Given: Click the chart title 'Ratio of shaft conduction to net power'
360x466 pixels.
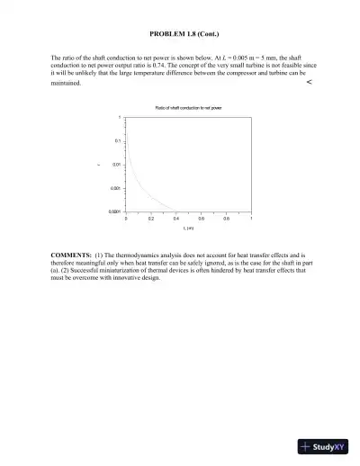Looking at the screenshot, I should pos(188,107).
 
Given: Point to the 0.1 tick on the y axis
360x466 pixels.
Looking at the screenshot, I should pos(118,141).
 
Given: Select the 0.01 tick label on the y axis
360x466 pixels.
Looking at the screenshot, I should pos(117,165).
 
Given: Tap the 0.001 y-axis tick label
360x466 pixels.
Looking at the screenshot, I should pos(116,187).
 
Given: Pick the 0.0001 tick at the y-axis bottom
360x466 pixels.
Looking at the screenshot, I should pos(115,211).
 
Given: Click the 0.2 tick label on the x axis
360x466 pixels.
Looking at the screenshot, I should pos(151,219).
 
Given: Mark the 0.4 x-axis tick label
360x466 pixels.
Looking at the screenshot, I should pos(176,219).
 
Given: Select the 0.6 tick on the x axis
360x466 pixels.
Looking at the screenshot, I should pos(202,219).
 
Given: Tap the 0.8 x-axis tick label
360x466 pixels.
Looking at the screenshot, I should pos(227,219).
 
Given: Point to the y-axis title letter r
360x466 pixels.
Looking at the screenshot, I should pos(99,165).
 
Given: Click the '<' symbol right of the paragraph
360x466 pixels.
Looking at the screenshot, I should pos(309,82).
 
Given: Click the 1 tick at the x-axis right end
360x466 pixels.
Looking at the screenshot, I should pos(251,219).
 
